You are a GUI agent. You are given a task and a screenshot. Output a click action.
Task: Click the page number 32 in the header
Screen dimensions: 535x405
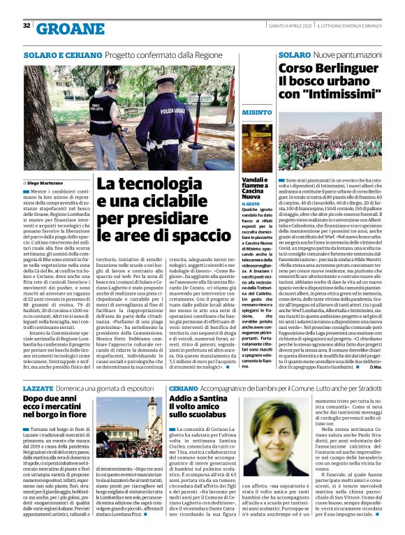click(x=27, y=26)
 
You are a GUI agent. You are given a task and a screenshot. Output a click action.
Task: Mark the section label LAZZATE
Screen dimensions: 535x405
click(x=37, y=387)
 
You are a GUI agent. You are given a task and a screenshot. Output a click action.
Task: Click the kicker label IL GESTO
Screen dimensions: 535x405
click(x=251, y=203)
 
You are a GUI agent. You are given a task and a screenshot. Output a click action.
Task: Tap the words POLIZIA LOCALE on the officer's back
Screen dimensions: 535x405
click(x=173, y=110)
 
